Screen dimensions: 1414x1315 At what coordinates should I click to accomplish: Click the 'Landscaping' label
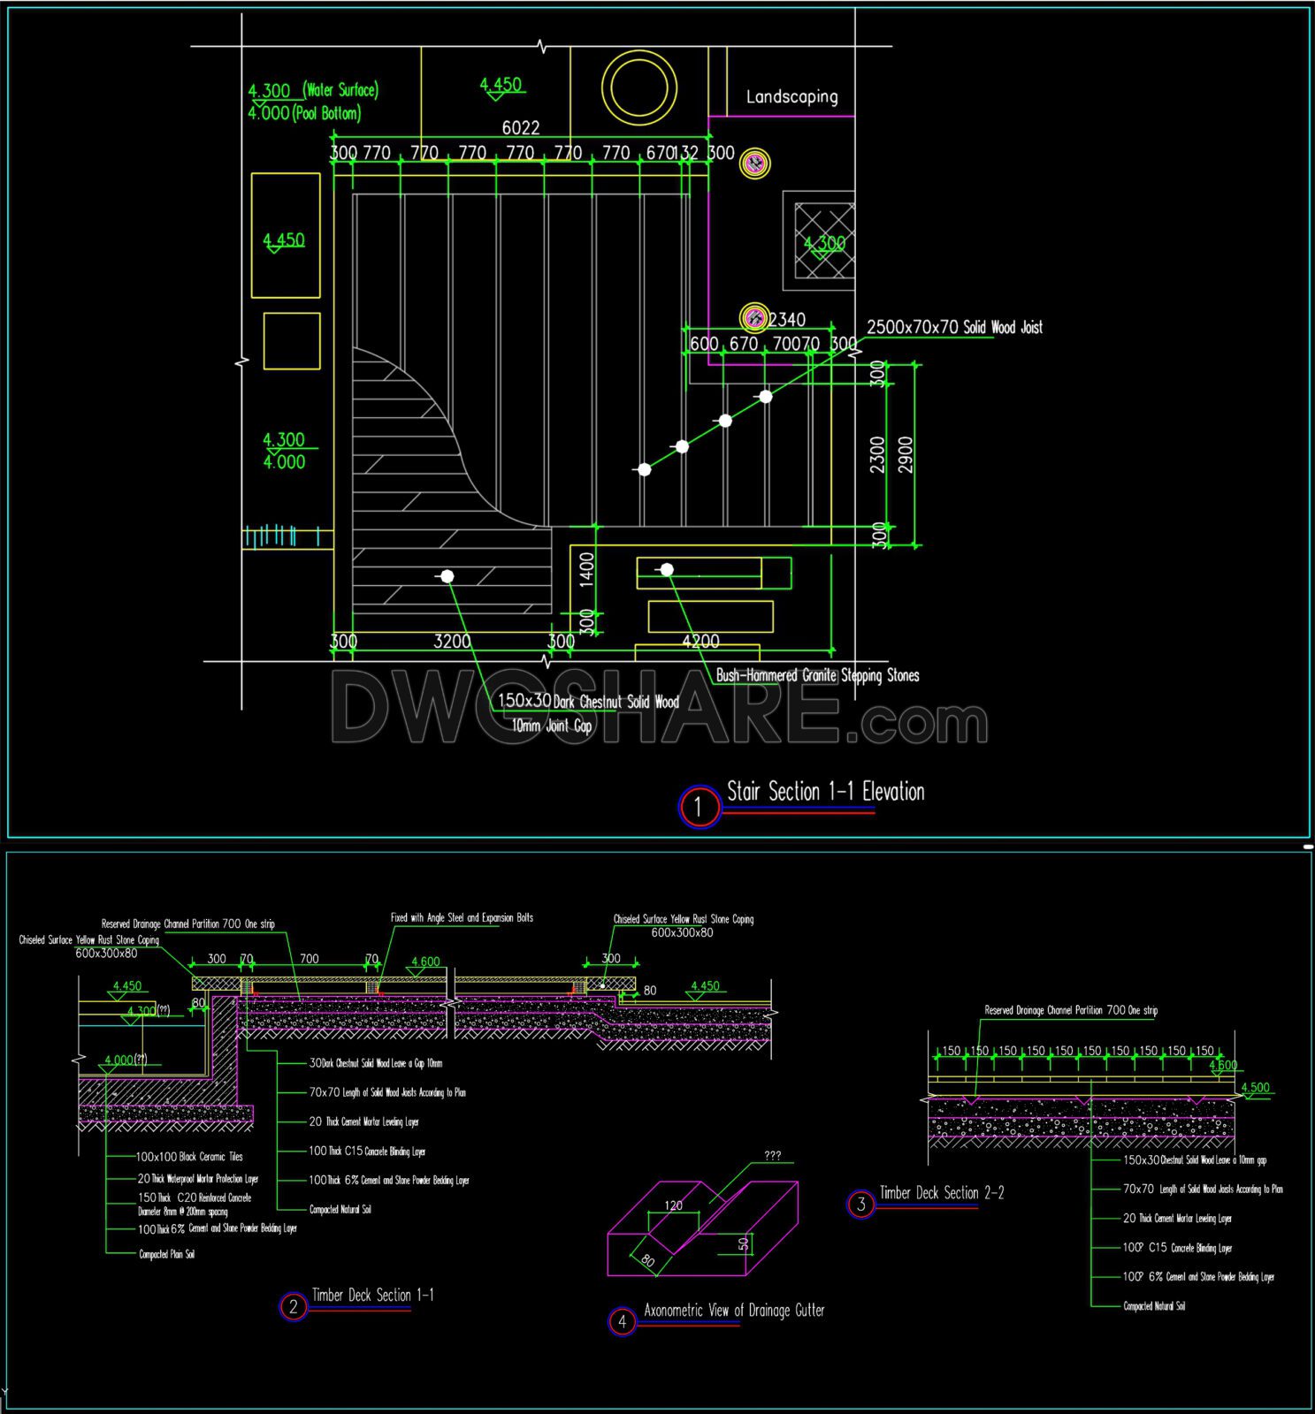(x=791, y=97)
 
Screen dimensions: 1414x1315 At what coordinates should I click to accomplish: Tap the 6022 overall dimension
(x=520, y=128)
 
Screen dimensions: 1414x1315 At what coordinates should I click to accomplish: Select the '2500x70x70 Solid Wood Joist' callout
(x=954, y=327)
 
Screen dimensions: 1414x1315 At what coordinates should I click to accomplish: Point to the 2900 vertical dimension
(x=906, y=454)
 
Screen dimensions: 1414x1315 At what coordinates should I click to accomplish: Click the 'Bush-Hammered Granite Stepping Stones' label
(x=817, y=675)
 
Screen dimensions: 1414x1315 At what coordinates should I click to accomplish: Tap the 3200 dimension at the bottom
(x=452, y=642)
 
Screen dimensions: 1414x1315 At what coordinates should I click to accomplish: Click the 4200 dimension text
(x=701, y=642)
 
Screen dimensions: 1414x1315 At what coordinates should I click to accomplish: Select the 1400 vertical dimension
(x=586, y=570)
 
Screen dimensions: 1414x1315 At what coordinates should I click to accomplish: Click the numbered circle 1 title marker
(x=699, y=806)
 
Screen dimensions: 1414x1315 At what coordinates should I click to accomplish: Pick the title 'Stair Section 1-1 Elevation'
(x=825, y=792)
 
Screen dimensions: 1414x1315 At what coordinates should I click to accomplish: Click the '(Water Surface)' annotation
(x=340, y=90)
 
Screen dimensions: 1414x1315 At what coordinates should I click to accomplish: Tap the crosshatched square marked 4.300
(x=824, y=240)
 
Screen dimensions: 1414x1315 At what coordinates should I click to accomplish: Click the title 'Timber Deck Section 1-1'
(x=372, y=1296)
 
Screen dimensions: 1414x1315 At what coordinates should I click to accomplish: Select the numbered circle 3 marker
(x=860, y=1204)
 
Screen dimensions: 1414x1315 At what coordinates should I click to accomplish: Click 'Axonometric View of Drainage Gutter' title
(x=734, y=1311)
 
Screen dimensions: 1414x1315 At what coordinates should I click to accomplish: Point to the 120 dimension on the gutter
(x=673, y=1205)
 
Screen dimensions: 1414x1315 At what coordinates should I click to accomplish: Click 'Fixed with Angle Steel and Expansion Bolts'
(x=462, y=918)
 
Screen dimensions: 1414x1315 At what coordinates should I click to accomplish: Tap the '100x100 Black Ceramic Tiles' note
(x=189, y=1157)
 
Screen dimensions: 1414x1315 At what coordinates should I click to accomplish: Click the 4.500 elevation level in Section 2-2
(x=1255, y=1088)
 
